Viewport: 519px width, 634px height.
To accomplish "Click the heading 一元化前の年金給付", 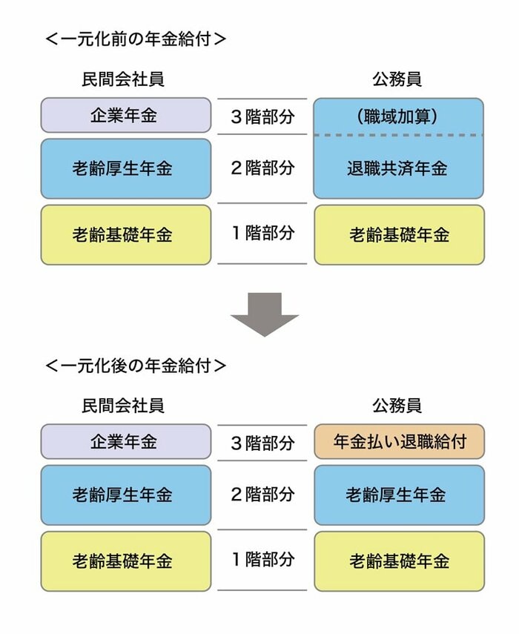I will click(x=136, y=39).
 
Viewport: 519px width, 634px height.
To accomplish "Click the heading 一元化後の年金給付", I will click(x=136, y=365).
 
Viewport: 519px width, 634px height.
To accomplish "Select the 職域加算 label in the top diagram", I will click(x=398, y=116).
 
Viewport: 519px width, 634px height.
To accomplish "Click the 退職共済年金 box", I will click(x=398, y=168).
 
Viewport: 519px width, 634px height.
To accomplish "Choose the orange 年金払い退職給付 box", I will click(x=399, y=442).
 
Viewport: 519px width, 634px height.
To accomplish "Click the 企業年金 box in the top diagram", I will click(x=125, y=116).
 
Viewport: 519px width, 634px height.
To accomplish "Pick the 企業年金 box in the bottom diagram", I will click(x=125, y=442).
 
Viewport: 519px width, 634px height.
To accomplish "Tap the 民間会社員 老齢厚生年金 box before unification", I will click(x=125, y=168).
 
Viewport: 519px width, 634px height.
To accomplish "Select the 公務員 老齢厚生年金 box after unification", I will click(x=399, y=495).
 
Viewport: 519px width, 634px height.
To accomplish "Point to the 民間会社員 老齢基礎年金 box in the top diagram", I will click(x=125, y=235).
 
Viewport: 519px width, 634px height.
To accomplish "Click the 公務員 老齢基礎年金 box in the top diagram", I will click(x=399, y=235).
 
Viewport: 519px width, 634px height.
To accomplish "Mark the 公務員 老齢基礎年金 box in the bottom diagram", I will click(x=399, y=561).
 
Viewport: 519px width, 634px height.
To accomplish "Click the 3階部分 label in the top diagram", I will click(x=262, y=117).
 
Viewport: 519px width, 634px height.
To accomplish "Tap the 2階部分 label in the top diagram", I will click(x=262, y=168).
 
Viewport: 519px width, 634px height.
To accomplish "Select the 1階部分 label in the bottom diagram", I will click(x=262, y=559).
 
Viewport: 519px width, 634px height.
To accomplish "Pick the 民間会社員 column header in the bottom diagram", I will click(x=123, y=406).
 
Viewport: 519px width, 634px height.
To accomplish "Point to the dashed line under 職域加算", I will click(x=398, y=136).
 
